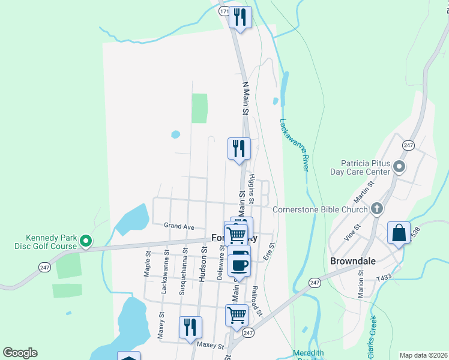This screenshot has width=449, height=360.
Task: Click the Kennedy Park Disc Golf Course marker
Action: point(86,241)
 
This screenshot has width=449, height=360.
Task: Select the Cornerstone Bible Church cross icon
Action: point(376,209)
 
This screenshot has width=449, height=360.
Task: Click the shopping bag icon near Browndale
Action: point(399,233)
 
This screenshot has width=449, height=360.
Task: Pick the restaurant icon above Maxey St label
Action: point(190,327)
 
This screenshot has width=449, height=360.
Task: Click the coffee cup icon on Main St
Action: point(239,265)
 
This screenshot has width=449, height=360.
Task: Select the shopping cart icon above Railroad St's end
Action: point(237,314)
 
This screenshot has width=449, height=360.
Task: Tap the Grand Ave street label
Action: point(179,226)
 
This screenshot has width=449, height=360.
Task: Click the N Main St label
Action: point(246,98)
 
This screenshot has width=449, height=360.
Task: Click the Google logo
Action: point(20,353)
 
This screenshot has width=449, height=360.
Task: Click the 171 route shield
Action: point(224,11)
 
